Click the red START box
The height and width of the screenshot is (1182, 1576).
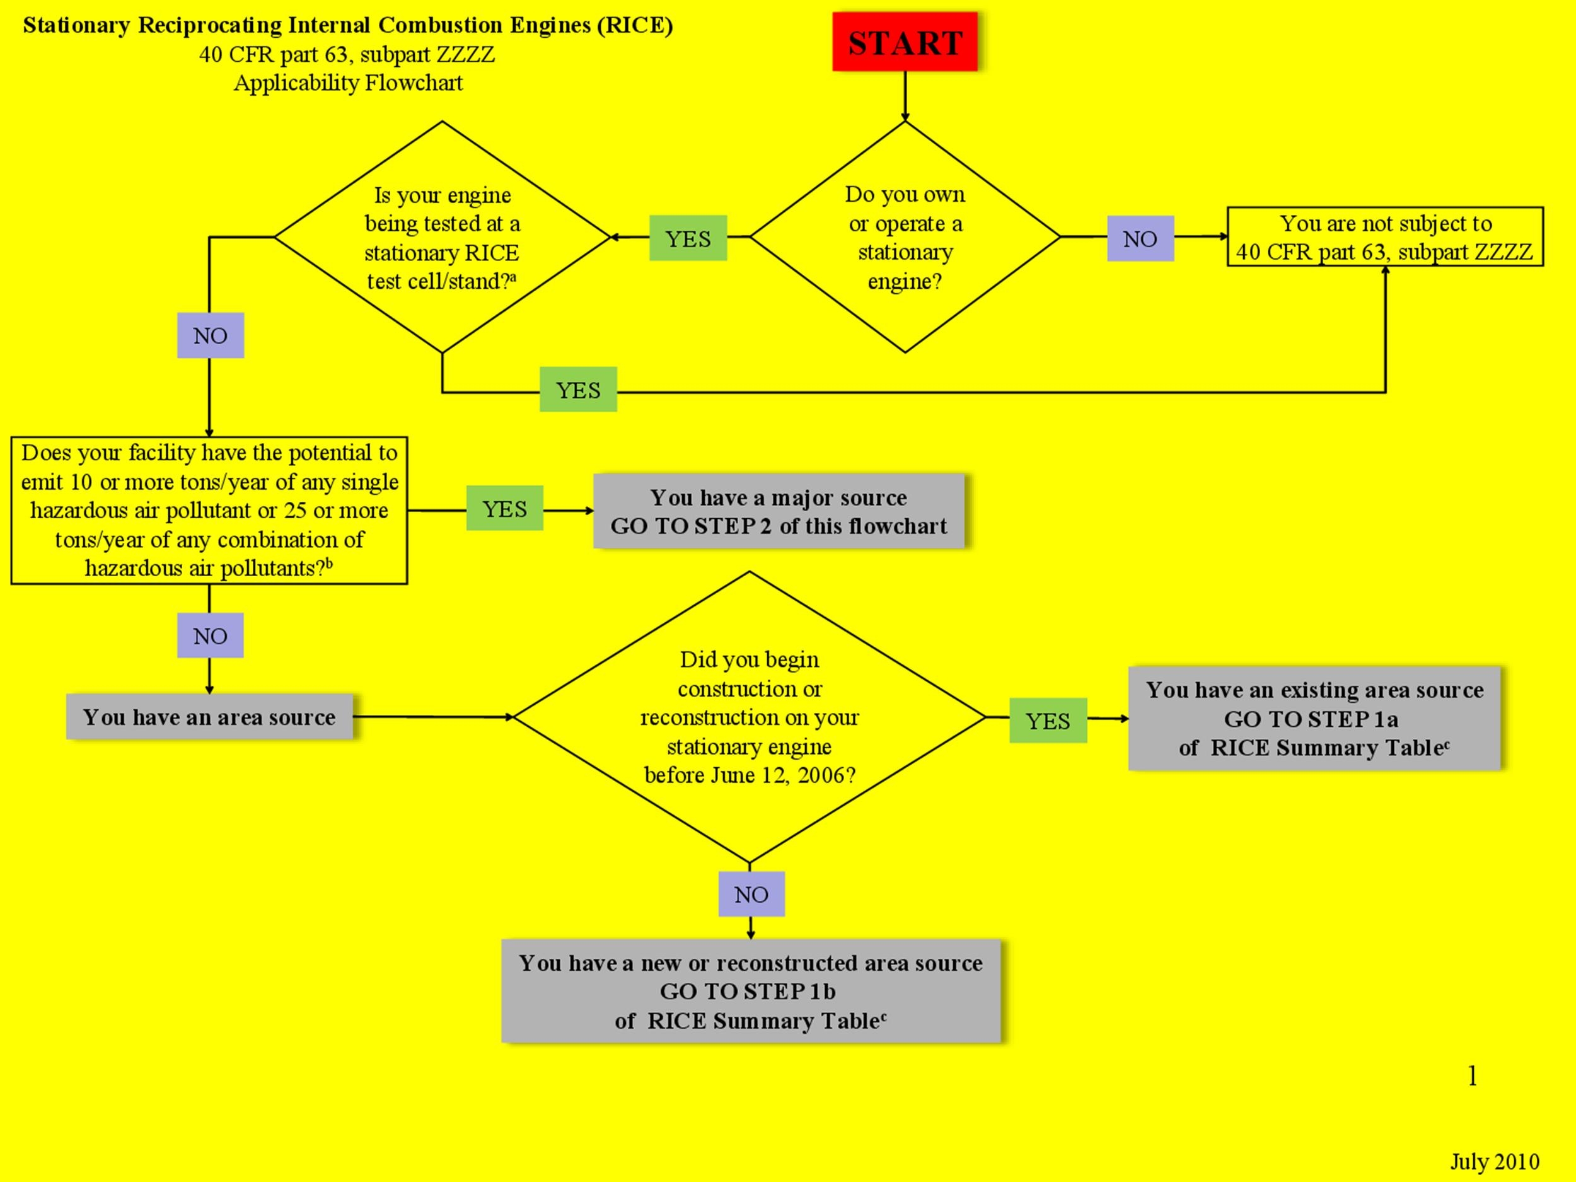pyautogui.click(x=904, y=42)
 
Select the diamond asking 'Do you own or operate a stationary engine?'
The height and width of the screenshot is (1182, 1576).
pyautogui.click(x=905, y=237)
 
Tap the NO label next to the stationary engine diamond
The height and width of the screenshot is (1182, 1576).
pyautogui.click(x=1140, y=239)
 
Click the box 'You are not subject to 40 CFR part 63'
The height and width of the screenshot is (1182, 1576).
pyautogui.click(x=1384, y=237)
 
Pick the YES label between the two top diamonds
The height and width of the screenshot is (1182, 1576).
pyautogui.click(x=688, y=239)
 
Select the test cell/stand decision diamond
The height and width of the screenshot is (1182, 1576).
pyautogui.click(x=442, y=237)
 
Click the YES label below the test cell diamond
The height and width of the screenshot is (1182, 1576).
pyautogui.click(x=578, y=390)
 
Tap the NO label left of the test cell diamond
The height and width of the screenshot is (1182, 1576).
pyautogui.click(x=210, y=335)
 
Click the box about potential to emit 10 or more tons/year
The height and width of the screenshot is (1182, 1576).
pyautogui.click(x=209, y=511)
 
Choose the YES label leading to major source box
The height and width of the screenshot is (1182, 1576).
pyautogui.click(x=504, y=509)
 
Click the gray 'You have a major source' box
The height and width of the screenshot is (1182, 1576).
pyautogui.click(x=778, y=511)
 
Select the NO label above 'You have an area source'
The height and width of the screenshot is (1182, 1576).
pyautogui.click(x=210, y=635)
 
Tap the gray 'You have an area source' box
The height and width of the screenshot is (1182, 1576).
pyautogui.click(x=209, y=717)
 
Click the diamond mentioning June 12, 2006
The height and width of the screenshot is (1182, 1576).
pyautogui.click(x=749, y=717)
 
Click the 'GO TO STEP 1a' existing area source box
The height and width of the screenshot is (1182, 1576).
pyautogui.click(x=1314, y=718)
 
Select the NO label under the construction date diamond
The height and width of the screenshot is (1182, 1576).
pyautogui.click(x=751, y=894)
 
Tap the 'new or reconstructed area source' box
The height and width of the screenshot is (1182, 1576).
pyautogui.click(x=750, y=991)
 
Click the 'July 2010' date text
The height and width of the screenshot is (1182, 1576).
pyautogui.click(x=1494, y=1162)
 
